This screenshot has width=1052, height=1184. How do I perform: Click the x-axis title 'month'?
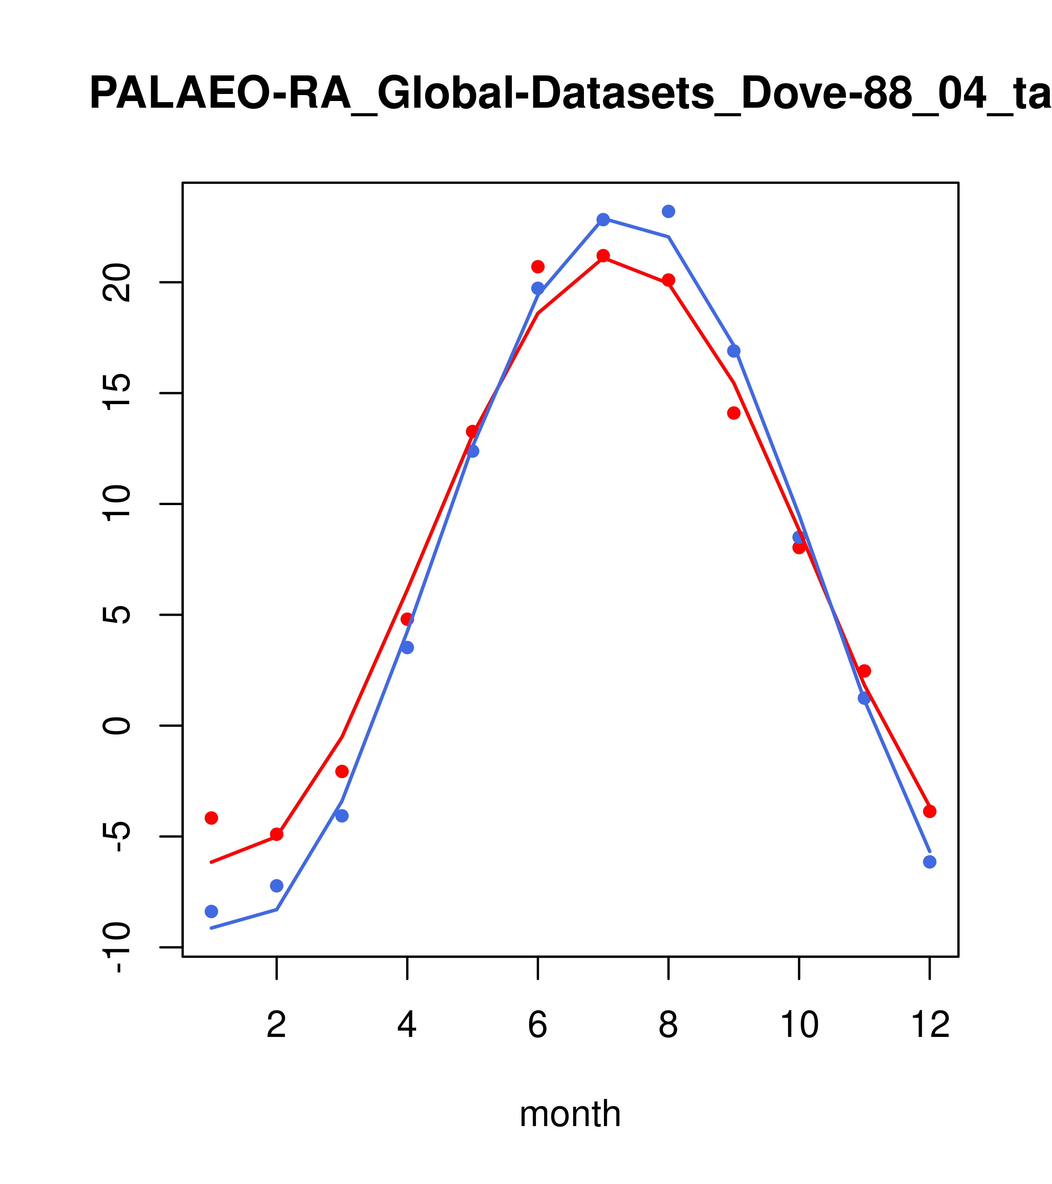pyautogui.click(x=570, y=1113)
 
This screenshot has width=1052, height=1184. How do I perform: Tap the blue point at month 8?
pyautogui.click(x=668, y=211)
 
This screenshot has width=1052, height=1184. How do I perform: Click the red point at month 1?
pyautogui.click(x=211, y=818)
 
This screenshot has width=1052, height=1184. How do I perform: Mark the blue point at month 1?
pyautogui.click(x=211, y=911)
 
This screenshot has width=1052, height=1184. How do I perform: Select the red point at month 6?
pyautogui.click(x=538, y=266)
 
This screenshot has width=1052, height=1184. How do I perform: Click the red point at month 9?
pyautogui.click(x=734, y=413)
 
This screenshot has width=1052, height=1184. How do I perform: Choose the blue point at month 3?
pyautogui.click(x=342, y=816)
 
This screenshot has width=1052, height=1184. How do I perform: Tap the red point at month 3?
pyautogui.click(x=342, y=771)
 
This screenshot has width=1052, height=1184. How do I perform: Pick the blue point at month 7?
pyautogui.click(x=603, y=219)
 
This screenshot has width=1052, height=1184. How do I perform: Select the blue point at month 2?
pyautogui.click(x=277, y=886)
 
